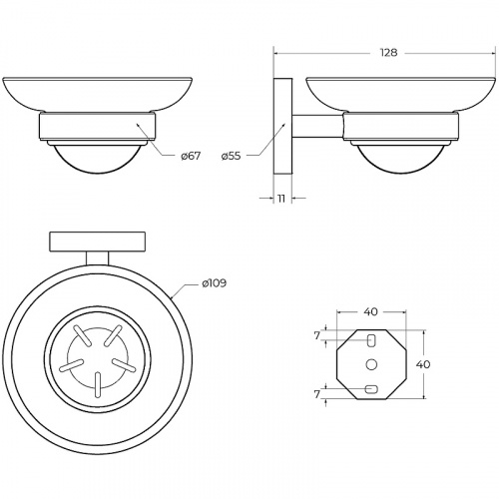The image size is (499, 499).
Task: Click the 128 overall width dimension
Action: [388, 53]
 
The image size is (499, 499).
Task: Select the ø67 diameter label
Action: [191, 156]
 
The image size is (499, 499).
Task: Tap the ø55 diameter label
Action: [231, 156]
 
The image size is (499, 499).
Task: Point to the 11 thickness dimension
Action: [281, 199]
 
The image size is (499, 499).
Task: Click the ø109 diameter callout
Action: [215, 283]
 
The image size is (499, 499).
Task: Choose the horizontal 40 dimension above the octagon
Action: [370, 311]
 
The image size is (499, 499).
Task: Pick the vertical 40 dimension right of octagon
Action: [423, 364]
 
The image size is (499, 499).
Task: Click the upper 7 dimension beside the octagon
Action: [317, 336]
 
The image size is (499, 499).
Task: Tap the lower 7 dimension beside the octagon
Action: [317, 394]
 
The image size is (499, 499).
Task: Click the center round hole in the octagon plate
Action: [371, 364]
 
